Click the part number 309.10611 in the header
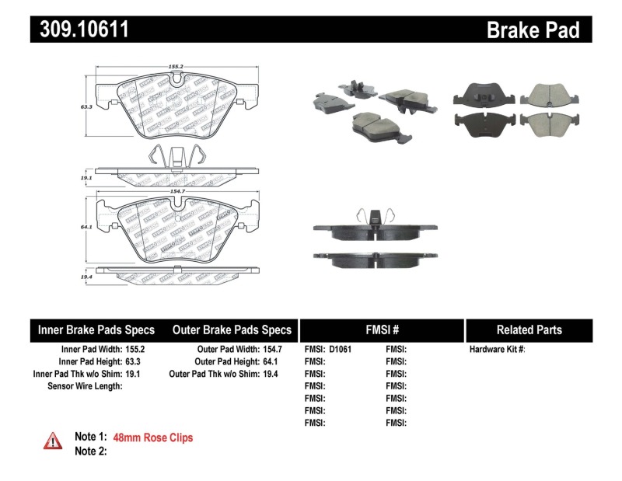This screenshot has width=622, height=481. click(80, 30)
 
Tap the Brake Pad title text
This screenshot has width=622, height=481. click(533, 30)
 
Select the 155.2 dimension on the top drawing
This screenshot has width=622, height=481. click(175, 67)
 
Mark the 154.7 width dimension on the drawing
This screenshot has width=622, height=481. click(175, 190)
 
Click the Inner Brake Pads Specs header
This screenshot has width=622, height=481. click(96, 329)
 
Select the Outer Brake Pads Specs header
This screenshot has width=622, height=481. click(232, 329)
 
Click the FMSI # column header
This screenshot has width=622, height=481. click(381, 329)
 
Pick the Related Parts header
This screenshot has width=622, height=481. click(529, 329)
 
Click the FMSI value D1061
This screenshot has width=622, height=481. click(341, 350)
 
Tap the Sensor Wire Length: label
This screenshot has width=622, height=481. click(85, 385)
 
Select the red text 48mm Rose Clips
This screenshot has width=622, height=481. click(153, 437)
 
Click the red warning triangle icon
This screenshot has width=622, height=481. click(53, 441)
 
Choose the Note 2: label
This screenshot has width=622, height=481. click(90, 451)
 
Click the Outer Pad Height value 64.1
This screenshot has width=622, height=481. click(269, 361)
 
